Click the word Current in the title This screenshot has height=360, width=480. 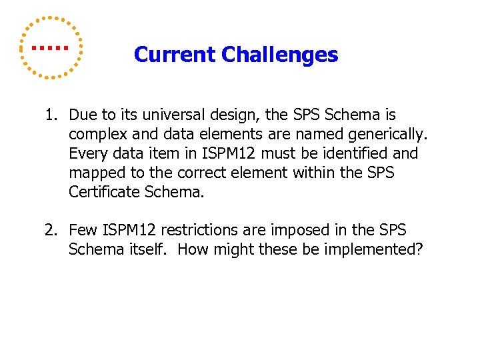(175, 55)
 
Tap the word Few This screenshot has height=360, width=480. (83, 231)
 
